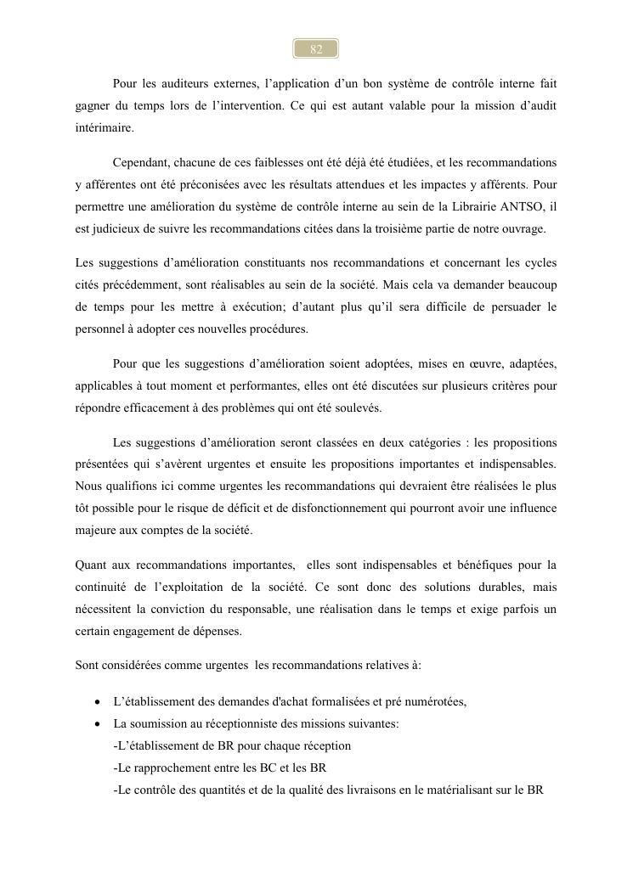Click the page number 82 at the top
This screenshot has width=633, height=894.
point(316,49)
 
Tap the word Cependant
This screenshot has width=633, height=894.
point(141,162)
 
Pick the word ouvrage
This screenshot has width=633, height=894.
point(524,228)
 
